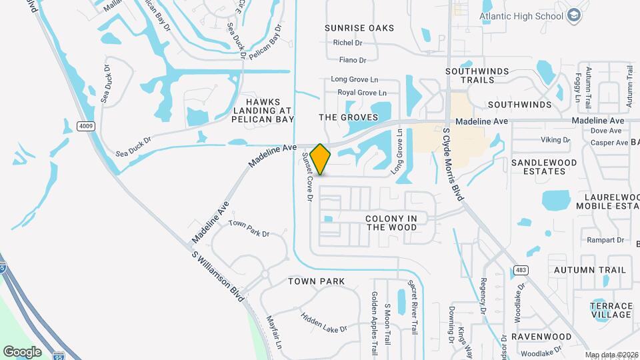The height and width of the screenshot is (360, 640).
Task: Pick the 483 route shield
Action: [x=521, y=270]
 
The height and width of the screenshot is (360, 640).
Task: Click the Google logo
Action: [x=22, y=351]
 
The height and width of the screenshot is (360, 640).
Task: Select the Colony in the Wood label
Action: [x=391, y=223]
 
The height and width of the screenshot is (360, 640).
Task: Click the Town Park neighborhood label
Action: [x=317, y=281]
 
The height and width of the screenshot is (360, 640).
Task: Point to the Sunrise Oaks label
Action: [x=359, y=28]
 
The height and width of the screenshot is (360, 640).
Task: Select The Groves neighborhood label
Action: [x=348, y=117]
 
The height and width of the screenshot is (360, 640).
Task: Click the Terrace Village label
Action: [x=611, y=309]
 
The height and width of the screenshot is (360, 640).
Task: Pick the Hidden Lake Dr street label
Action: [x=324, y=323]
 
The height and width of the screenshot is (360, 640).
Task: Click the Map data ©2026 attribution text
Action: [x=611, y=355]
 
